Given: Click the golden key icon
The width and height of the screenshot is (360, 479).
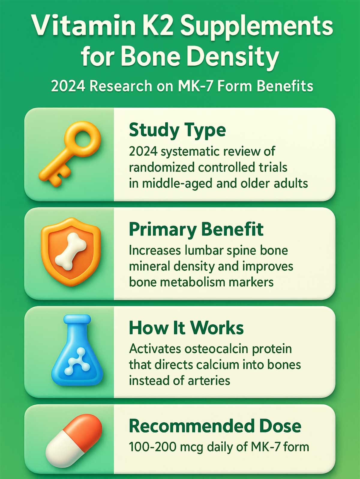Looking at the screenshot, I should pyautogui.click(x=70, y=154).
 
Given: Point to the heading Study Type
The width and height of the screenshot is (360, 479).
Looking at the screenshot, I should pyautogui.click(x=177, y=130).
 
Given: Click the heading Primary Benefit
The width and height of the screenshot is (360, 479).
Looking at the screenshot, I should pyautogui.click(x=196, y=230).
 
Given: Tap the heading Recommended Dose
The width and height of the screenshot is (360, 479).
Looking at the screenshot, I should pyautogui.click(x=215, y=426).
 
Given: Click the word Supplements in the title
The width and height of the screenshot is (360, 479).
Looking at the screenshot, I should pyautogui.click(x=256, y=26).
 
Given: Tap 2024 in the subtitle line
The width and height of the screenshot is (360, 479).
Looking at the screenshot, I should pyautogui.click(x=68, y=86).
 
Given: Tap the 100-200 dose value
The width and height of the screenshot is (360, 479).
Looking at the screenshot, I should pyautogui.click(x=152, y=447).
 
